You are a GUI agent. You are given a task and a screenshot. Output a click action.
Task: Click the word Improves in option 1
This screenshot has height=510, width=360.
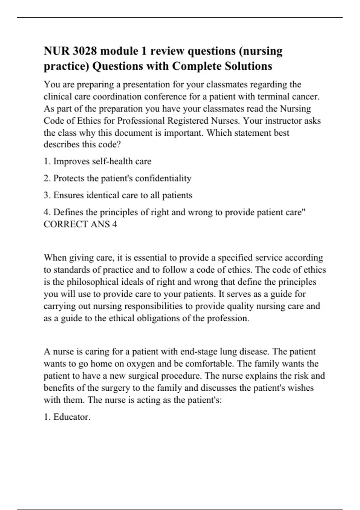(x=71, y=161)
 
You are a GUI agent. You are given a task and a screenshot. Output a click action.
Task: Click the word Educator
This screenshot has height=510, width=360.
(x=72, y=417)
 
